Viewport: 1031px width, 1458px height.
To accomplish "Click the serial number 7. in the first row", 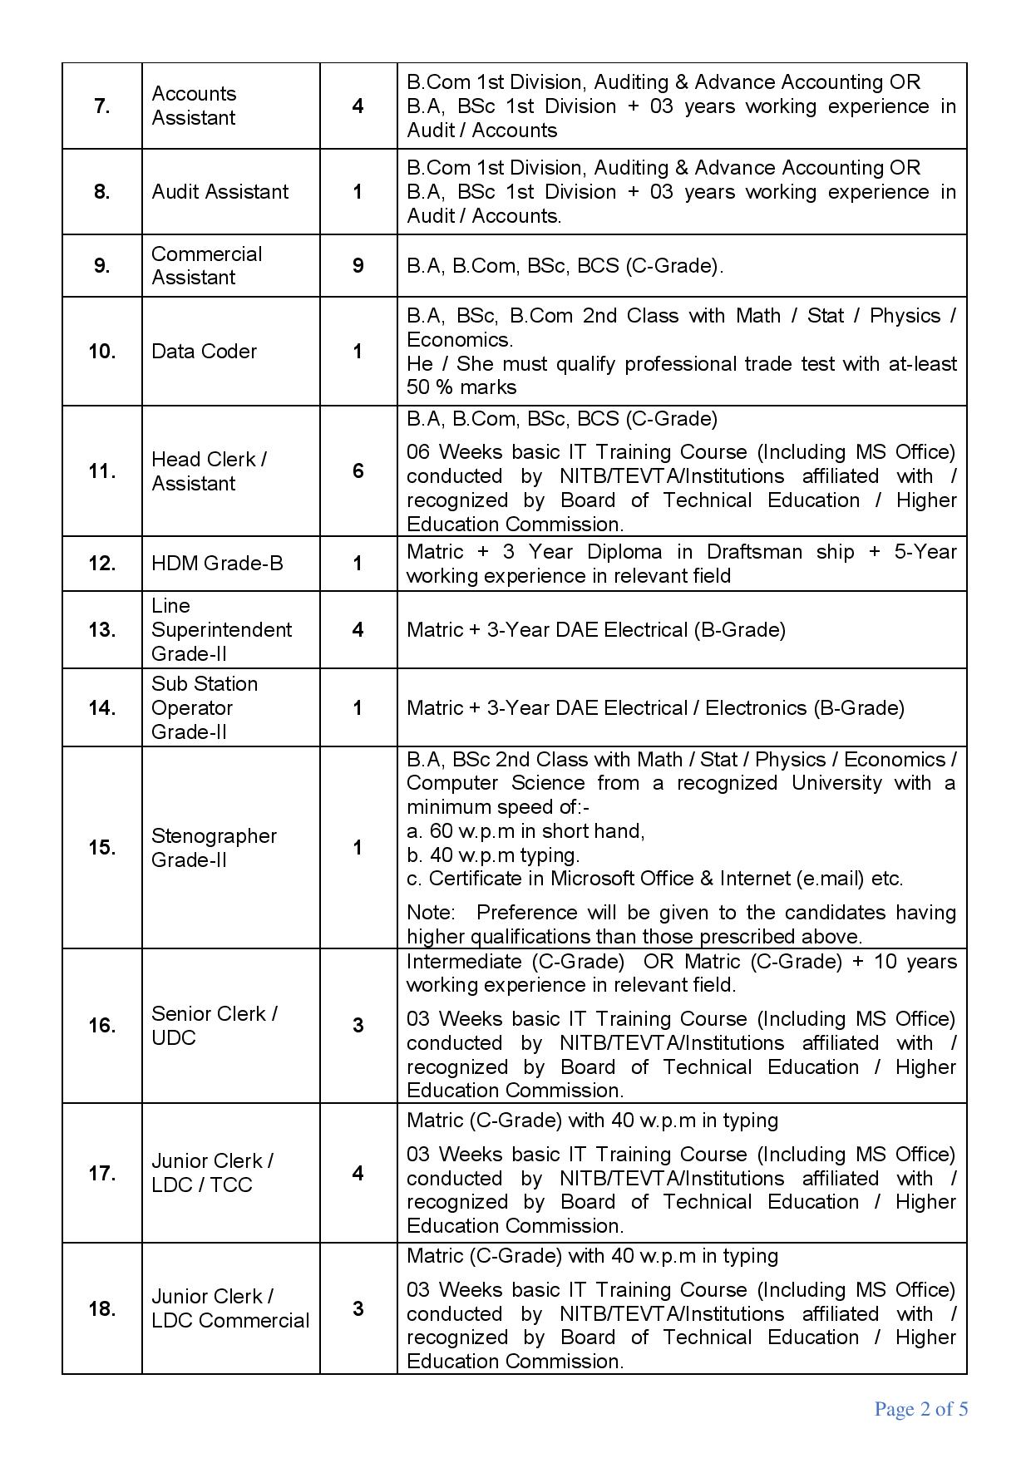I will [101, 106].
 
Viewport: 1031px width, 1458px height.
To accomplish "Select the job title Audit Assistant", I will [220, 192].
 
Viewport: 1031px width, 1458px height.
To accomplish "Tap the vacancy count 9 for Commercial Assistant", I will [358, 266].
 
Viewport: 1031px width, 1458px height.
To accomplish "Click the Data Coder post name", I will [204, 352].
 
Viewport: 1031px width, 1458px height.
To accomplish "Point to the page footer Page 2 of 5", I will [920, 1409].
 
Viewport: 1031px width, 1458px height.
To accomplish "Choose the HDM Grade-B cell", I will [217, 564].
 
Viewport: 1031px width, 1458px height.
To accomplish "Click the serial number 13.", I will [101, 630].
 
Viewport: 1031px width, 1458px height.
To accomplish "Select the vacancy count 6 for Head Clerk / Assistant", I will [358, 471].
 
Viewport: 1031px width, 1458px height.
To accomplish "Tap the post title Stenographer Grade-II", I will [214, 848].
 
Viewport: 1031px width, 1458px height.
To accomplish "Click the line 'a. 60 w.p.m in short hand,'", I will [525, 831].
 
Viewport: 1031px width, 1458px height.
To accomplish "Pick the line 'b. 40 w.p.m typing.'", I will [493, 855].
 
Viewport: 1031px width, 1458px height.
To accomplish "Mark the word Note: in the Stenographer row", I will [431, 913].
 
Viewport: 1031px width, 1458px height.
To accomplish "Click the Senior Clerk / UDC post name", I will [214, 1026].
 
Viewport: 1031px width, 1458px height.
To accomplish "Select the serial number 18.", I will [101, 1309].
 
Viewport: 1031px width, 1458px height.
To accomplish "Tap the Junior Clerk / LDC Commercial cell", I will [229, 1308].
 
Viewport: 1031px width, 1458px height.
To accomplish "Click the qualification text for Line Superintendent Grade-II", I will [595, 630].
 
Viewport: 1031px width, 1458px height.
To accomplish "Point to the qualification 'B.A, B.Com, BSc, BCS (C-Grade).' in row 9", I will [565, 266].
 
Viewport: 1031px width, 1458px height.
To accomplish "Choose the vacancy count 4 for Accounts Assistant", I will [358, 106].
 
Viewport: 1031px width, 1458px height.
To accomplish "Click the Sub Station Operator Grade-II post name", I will [205, 708].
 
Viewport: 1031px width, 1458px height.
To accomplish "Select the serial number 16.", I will [101, 1026].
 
